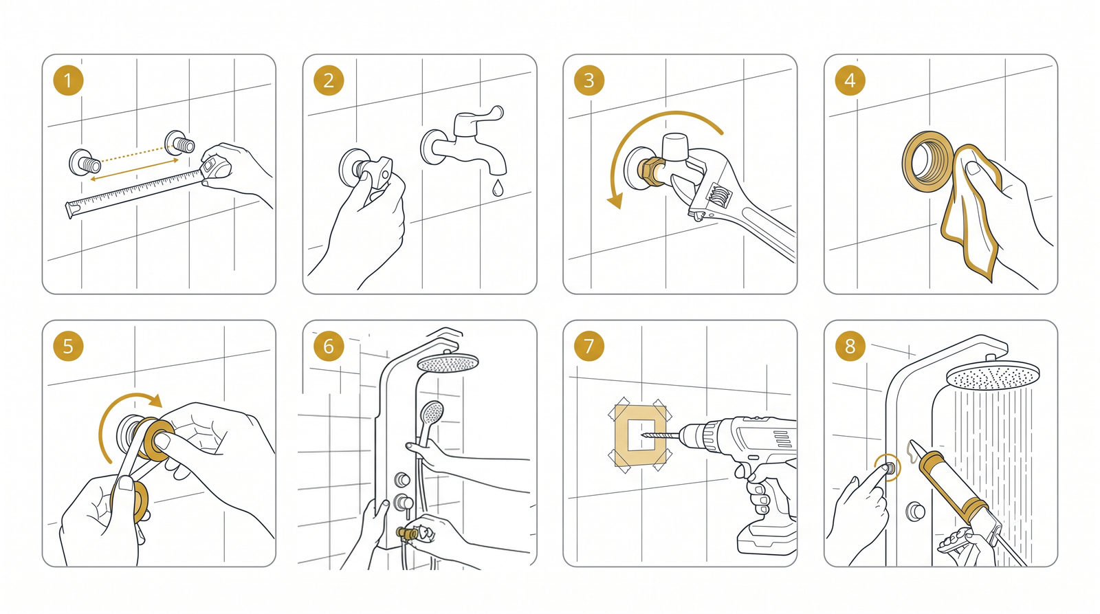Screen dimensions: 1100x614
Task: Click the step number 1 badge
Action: (x=68, y=80)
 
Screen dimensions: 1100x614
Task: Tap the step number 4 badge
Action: (x=850, y=80)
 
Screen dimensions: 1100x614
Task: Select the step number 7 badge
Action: (x=588, y=346)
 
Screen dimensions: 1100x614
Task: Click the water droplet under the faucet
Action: (x=498, y=188)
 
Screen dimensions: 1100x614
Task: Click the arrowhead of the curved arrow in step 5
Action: (x=155, y=400)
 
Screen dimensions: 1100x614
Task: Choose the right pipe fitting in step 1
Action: (x=179, y=143)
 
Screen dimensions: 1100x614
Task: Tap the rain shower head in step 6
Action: (x=448, y=363)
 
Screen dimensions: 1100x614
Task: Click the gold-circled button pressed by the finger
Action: (x=888, y=468)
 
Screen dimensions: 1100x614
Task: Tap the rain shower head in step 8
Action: (x=993, y=376)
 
